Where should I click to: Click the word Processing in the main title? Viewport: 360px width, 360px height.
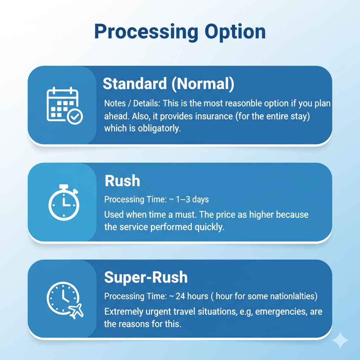[x=146, y=32]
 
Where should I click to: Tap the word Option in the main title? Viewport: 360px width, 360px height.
[x=235, y=32]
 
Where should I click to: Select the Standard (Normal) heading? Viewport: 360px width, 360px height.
[x=168, y=84]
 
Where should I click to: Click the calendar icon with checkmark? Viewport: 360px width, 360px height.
[x=65, y=105]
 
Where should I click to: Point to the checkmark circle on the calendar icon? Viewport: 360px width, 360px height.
[x=75, y=117]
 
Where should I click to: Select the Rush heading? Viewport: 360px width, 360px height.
[x=122, y=181]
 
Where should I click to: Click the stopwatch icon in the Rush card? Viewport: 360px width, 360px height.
[x=64, y=202]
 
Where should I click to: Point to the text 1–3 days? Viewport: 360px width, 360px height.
[x=192, y=199]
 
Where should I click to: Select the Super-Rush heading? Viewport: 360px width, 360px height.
[x=146, y=277]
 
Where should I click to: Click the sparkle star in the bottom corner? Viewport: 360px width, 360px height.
[x=340, y=340]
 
